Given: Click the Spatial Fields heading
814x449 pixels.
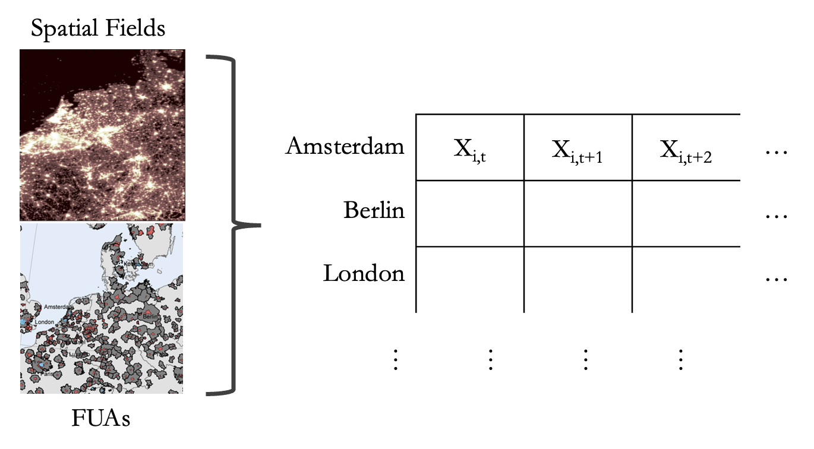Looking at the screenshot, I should tap(98, 28).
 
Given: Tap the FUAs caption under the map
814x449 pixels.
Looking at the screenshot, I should tap(100, 419).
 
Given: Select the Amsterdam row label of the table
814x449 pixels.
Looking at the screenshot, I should tap(345, 146).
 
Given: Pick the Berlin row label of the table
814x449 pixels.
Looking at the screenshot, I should tap(374, 210).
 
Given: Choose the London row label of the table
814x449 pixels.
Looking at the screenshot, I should tap(364, 273).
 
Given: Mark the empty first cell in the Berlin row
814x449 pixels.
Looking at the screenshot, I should tap(469, 213).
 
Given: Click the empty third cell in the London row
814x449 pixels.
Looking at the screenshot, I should tap(685, 278).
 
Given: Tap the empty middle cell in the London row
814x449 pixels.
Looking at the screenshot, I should tap(578, 278).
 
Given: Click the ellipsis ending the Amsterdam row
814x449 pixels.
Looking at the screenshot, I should tap(776, 153).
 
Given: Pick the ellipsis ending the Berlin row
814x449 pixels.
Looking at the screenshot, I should tap(776, 217).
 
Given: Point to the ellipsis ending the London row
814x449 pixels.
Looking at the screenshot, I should tap(776, 279).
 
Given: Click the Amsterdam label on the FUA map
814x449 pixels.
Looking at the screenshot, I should tap(58, 307).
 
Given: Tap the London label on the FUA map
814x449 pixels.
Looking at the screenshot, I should tap(45, 322).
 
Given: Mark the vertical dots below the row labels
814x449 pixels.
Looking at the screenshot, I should tap(396, 360).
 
